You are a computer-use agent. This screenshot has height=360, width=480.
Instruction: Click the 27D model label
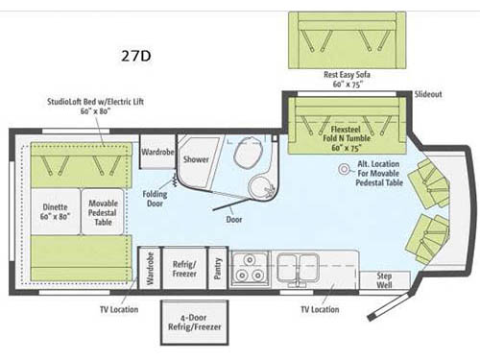coord(137,55)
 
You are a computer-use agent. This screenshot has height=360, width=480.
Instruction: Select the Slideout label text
coord(427,94)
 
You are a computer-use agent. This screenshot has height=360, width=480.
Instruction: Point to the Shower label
coord(196,160)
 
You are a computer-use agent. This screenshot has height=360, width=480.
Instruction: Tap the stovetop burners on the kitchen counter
coord(252,266)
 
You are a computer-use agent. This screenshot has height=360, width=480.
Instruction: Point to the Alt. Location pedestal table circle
coord(343,168)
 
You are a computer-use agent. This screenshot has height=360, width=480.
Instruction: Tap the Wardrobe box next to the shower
coord(156,153)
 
